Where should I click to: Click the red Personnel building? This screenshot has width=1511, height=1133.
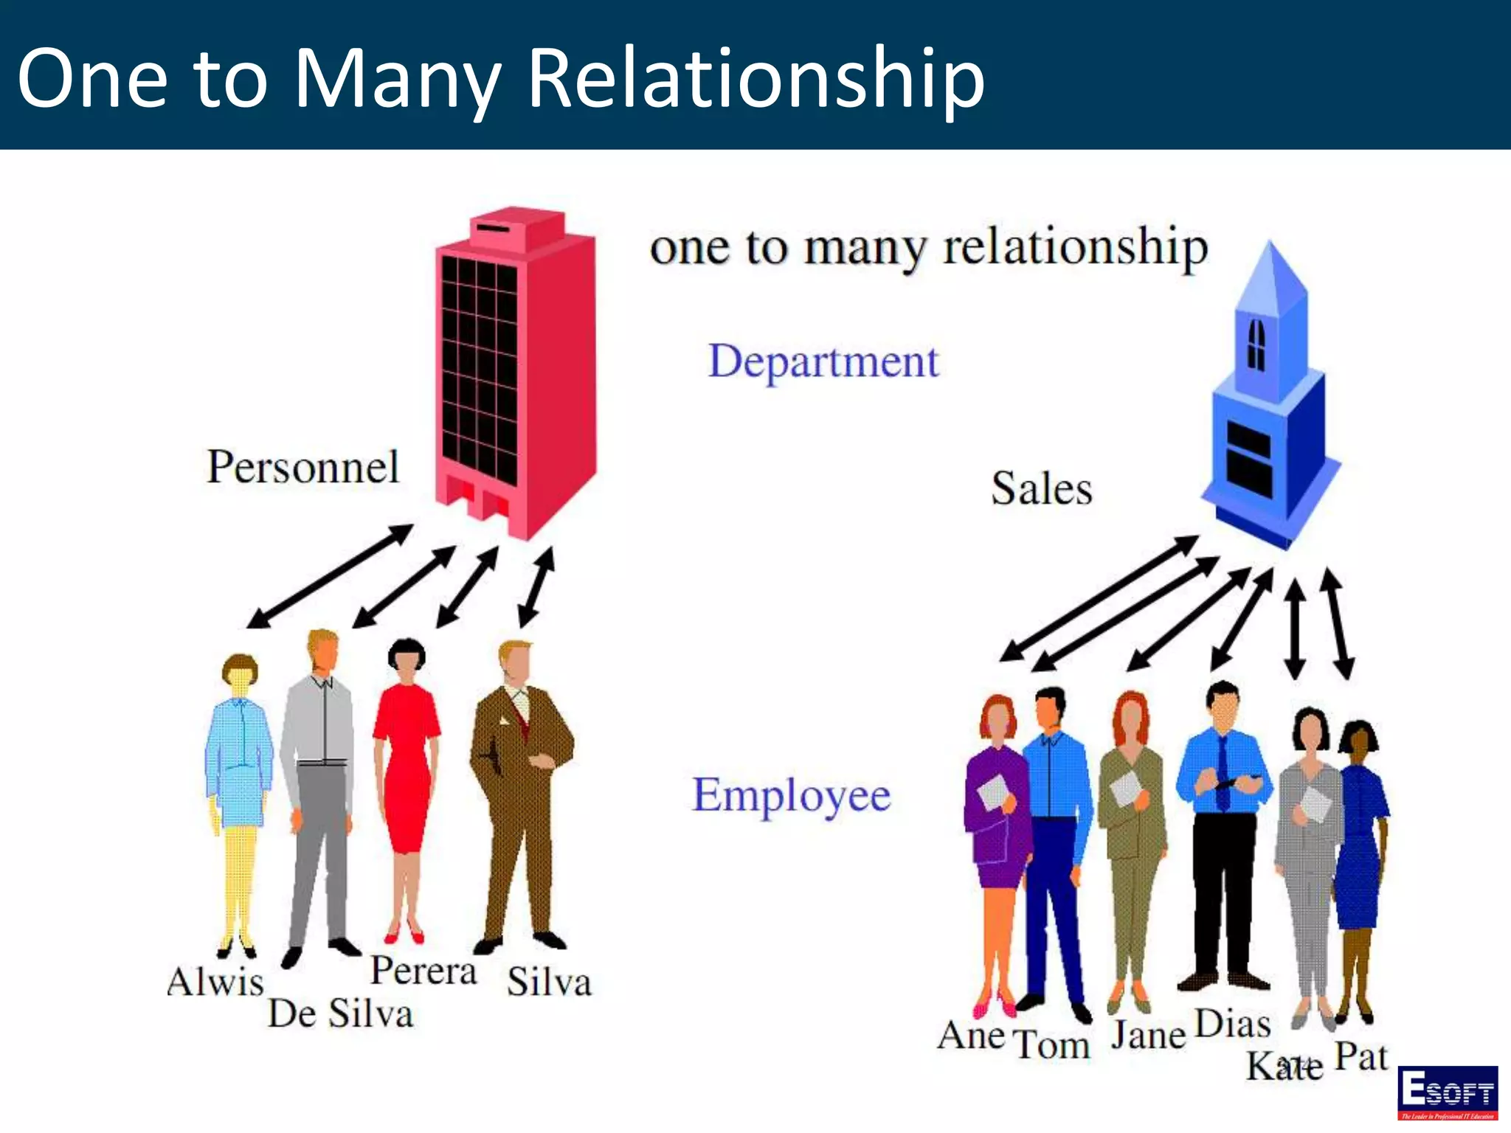tap(515, 369)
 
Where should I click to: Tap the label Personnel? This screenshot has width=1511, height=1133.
tap(302, 467)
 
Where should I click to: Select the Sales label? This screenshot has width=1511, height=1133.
tap(1041, 488)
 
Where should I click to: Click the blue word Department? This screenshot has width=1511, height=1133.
tap(823, 361)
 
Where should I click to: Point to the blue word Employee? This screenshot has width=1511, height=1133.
tap(791, 795)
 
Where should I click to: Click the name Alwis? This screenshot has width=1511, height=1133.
tap(215, 982)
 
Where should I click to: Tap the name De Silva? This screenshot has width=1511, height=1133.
tap(339, 1014)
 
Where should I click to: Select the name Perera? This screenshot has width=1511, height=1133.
tap(423, 970)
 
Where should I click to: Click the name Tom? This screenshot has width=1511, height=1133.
tap(1051, 1044)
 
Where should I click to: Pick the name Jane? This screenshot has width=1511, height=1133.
tap(1148, 1035)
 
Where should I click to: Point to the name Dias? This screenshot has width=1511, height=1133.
tap(1232, 1024)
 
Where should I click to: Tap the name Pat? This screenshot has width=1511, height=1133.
tap(1361, 1056)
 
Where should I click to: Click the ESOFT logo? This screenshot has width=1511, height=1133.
tap(1448, 1092)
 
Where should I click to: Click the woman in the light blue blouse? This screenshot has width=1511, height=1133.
tap(238, 767)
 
